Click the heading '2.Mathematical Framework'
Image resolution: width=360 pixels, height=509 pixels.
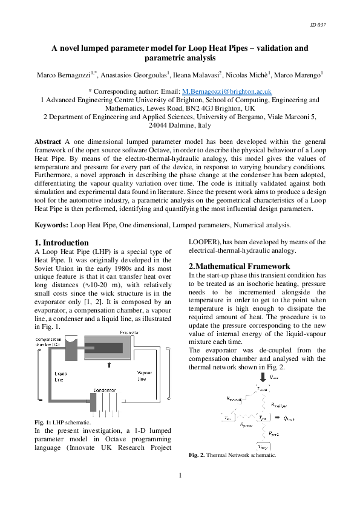(231, 266)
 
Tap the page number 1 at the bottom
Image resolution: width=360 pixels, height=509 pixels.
(180, 476)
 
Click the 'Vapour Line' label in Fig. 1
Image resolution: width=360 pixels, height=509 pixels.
(145, 377)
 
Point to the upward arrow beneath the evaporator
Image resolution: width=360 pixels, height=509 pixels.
(109, 365)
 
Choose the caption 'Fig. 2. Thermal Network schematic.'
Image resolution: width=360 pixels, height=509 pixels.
(232, 455)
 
